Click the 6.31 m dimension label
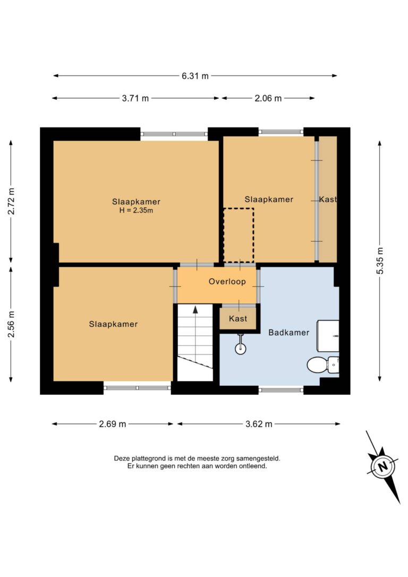[195, 76]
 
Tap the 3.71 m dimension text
[135, 98]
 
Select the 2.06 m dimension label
[268, 98]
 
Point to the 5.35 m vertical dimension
[380, 260]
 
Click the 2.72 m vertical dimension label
[11, 201]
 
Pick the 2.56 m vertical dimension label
[11, 324]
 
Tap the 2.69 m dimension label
[113, 424]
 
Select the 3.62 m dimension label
[259, 424]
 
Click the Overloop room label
[227, 282]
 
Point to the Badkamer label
[289, 333]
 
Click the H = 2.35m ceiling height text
[136, 210]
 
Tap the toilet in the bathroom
[323, 364]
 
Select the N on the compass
[383, 466]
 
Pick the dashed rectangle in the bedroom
[239, 235]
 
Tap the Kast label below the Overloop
[238, 319]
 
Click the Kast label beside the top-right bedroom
[328, 199]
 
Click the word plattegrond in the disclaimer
[147, 459]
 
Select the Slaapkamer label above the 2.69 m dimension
[113, 324]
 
